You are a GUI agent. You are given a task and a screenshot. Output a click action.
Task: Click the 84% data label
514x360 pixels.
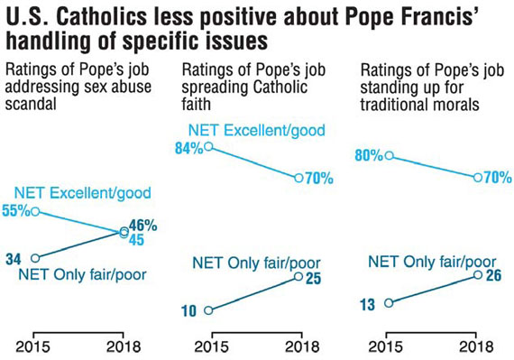tap(189, 148)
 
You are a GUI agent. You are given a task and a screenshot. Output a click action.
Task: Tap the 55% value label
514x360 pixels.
tap(16, 210)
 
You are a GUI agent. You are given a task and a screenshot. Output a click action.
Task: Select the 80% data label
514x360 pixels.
tap(369, 155)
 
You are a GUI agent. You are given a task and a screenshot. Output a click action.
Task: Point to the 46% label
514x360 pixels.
tap(142, 226)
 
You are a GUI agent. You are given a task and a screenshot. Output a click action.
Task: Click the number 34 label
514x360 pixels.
tap(14, 259)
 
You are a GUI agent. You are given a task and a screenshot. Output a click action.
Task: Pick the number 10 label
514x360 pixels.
tap(189, 310)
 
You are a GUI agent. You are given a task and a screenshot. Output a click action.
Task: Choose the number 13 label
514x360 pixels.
tap(368, 305)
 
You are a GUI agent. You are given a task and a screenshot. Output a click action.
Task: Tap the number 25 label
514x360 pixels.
tap(313, 279)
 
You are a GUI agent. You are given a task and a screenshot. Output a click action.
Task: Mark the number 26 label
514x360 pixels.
tap(493, 275)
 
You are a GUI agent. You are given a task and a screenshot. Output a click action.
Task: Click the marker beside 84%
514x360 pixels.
tap(208, 146)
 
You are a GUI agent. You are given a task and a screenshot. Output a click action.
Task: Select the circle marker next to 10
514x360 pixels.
tap(208, 310)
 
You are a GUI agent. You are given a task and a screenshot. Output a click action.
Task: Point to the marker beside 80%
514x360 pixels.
tap(389, 155)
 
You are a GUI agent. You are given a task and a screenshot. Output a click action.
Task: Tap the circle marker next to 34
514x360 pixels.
tap(35, 258)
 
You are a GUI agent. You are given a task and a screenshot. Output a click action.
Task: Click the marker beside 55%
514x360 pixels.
tap(35, 211)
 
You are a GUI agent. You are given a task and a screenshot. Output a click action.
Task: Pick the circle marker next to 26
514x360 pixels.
tap(478, 274)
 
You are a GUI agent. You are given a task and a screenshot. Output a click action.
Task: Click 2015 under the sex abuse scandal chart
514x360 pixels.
tap(32, 346)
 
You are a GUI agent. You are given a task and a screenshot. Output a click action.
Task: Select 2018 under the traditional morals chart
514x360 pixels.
tap(476, 346)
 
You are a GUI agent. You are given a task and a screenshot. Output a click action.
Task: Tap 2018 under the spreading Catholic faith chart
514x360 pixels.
tap(302, 346)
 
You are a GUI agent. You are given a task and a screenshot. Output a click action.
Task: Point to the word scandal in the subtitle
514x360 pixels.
tap(31, 104)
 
